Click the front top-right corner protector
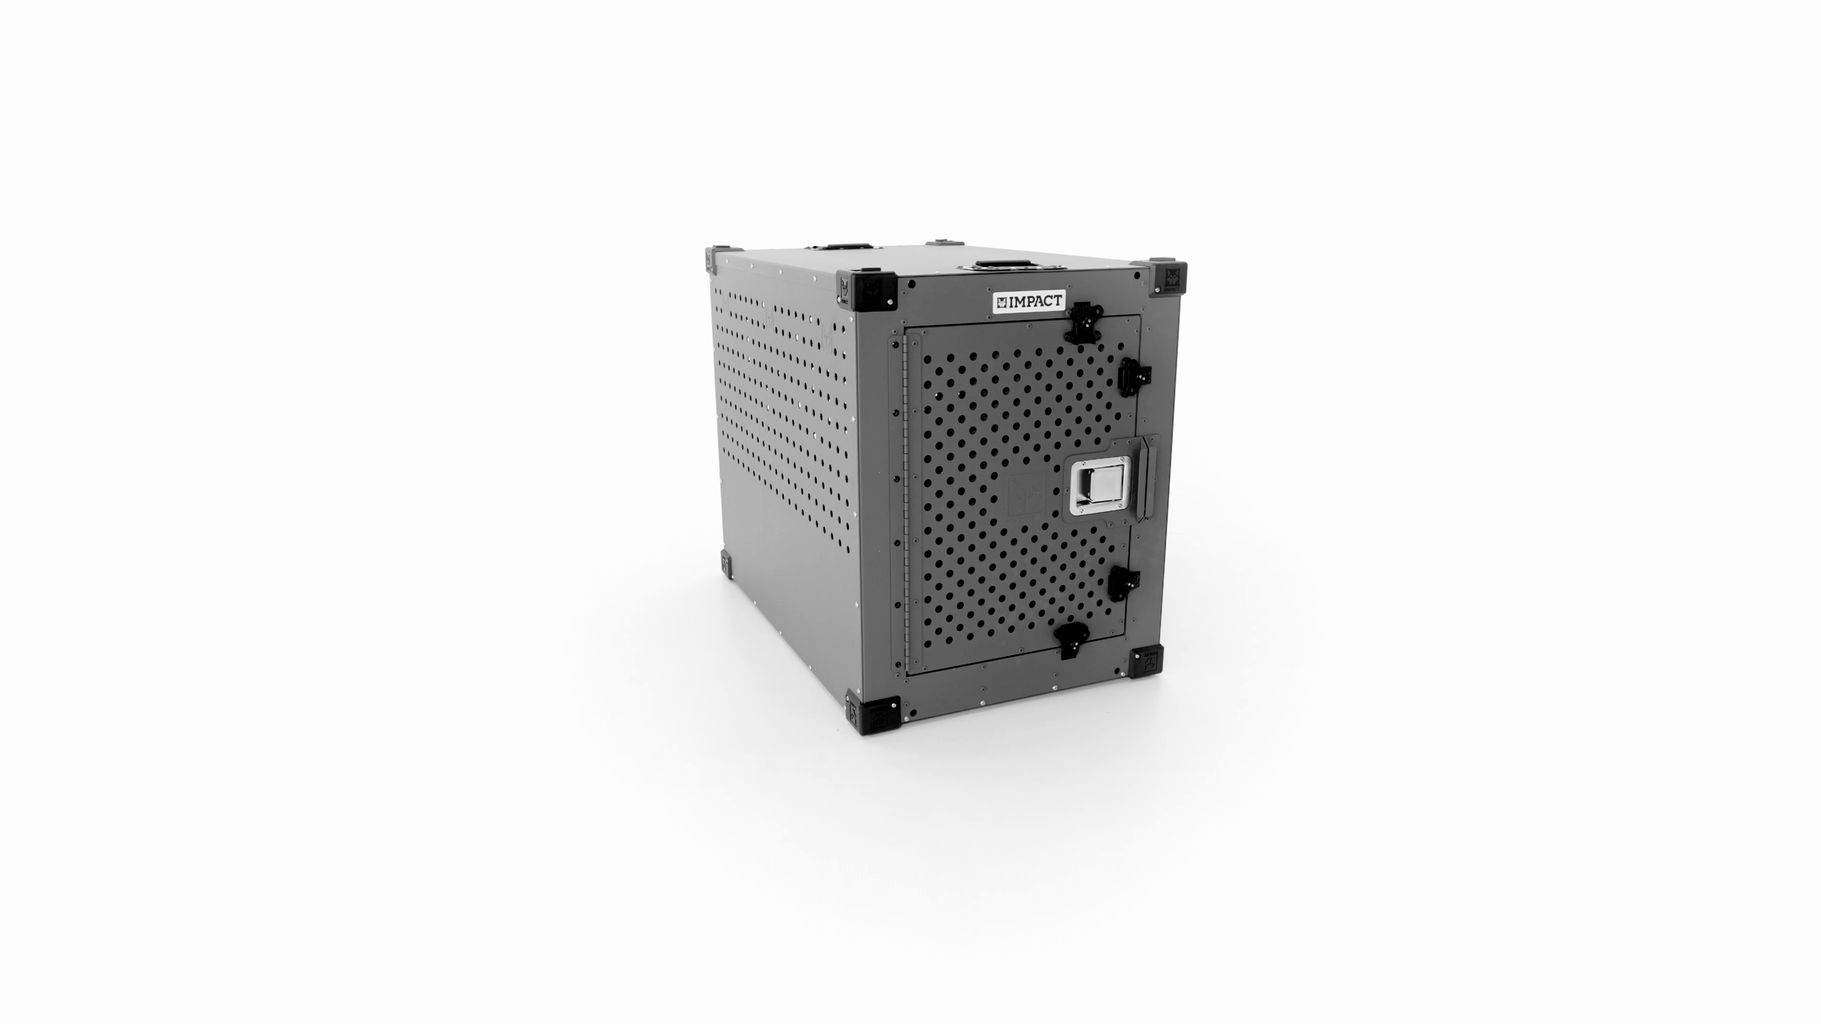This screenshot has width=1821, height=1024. point(1168,278)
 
